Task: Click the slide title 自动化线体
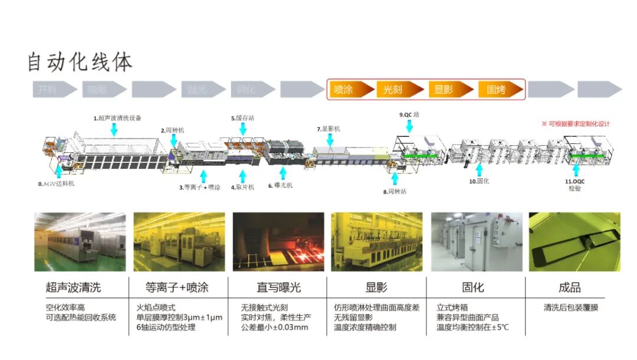point(80,61)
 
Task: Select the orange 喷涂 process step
point(348,89)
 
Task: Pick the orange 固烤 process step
point(498,89)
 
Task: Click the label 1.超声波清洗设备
point(117,118)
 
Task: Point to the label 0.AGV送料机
point(57,184)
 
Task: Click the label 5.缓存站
point(242,118)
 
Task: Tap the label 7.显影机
point(329,129)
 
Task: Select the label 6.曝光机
point(280,185)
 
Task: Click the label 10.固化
point(480,182)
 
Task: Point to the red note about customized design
point(576,124)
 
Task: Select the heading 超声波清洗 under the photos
point(73,287)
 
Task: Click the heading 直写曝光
point(278,287)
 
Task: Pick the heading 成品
point(569,287)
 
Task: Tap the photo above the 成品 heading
point(574,241)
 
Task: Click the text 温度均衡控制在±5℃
point(472,327)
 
